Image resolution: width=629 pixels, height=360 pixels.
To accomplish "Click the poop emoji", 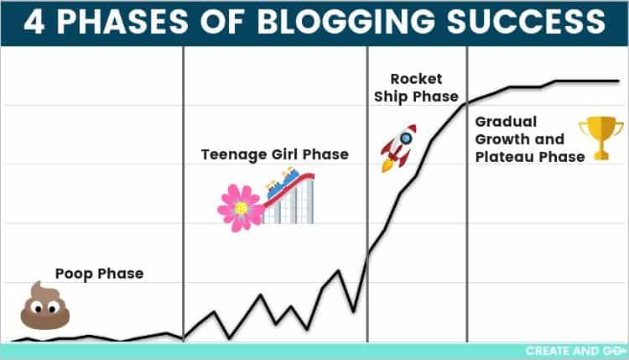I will click(x=44, y=305).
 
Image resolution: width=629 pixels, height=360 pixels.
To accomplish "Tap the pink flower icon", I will click(x=241, y=207).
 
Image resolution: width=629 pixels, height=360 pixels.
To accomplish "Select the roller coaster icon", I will click(x=289, y=196).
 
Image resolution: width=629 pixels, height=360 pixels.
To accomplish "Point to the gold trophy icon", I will click(x=600, y=137).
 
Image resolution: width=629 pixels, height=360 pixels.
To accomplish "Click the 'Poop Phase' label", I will click(x=99, y=274).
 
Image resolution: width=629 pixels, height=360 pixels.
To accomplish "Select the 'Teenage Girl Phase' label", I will click(x=274, y=154).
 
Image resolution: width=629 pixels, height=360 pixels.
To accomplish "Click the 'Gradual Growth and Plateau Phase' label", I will click(x=528, y=139).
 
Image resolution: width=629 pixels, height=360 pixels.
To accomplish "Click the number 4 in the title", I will click(x=35, y=22).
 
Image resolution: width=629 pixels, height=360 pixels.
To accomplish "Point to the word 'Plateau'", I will click(x=506, y=157).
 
